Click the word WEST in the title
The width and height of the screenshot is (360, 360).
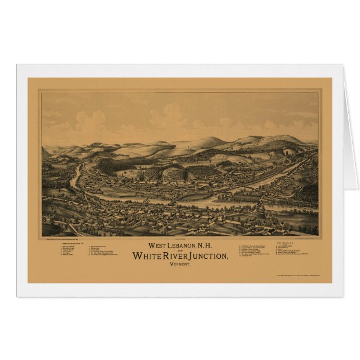pos(155,246)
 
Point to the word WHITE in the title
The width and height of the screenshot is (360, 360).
pos(147,257)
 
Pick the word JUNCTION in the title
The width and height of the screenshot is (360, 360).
pos(209,257)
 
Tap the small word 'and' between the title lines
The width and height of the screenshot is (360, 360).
pos(180,251)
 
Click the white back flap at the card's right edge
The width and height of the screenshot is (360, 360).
pos(350,129)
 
